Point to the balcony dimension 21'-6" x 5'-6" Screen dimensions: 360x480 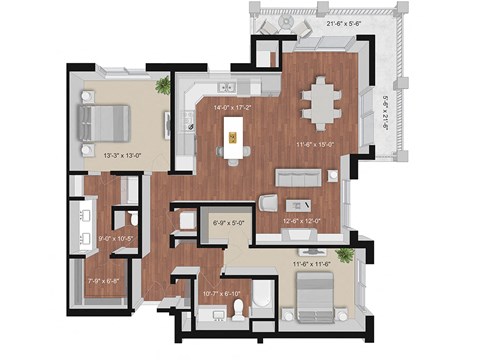coord(341,22)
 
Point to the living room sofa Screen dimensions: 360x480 coord(298,178)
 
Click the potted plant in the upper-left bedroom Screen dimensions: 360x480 coord(160,87)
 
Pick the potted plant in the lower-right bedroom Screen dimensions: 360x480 coord(346,256)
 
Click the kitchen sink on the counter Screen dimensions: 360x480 coord(191,121)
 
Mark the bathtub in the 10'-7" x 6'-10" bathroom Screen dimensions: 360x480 coord(260,296)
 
